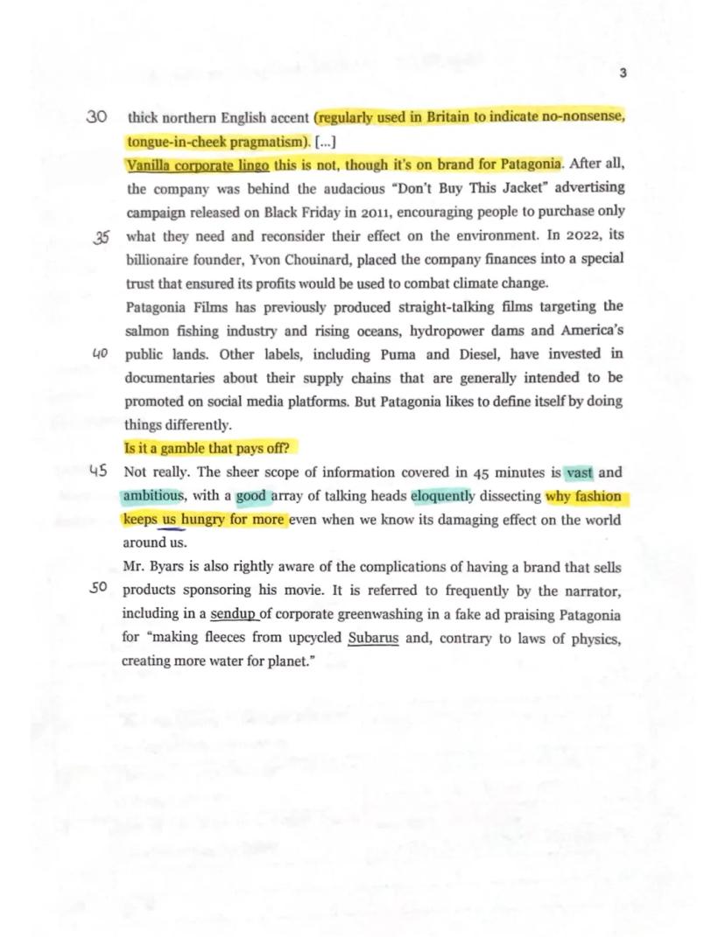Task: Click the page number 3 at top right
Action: [x=622, y=73]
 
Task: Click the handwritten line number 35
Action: [x=101, y=237]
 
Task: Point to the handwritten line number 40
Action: [x=99, y=353]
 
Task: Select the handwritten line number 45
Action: [x=99, y=472]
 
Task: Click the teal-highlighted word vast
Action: [x=579, y=472]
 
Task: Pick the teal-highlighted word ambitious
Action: [x=153, y=496]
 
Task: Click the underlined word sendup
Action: [x=232, y=614]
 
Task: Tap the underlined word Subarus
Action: [x=373, y=638]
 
